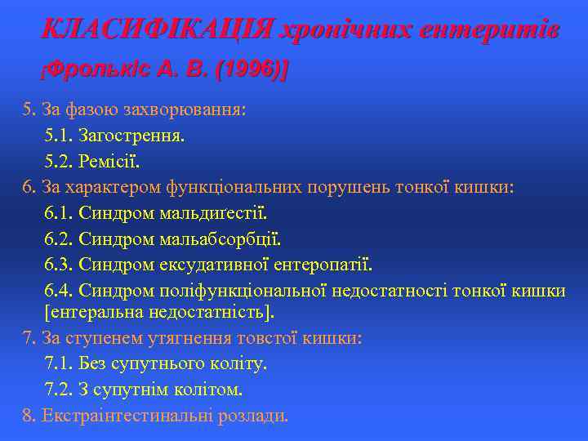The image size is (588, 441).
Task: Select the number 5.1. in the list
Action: click(60, 135)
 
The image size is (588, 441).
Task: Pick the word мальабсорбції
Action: click(220, 240)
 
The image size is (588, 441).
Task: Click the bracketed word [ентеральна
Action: click(91, 312)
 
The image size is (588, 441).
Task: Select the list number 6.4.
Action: click(60, 292)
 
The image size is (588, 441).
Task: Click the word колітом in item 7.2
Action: click(213, 390)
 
